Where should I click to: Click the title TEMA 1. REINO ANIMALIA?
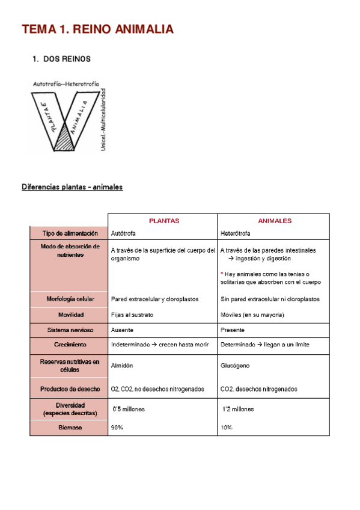tap(98, 29)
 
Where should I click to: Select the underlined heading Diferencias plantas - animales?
tap(72, 187)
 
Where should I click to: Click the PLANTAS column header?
tap(163, 221)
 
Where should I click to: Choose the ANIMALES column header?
tap(275, 221)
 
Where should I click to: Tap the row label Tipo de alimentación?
tap(70, 233)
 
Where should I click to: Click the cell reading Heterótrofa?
tap(236, 233)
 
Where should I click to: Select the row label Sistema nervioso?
tap(70, 330)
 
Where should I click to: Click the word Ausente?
tap(123, 330)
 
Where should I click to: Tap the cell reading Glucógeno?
tap(235, 366)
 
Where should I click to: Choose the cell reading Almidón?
tap(122, 366)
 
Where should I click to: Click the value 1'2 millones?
tap(238, 409)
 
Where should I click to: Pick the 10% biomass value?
tap(227, 428)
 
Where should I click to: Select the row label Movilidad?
tap(70, 315)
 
